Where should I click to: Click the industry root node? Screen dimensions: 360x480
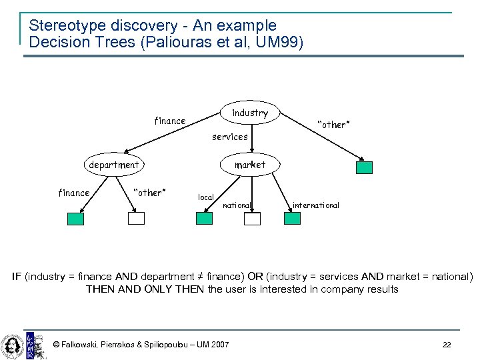[250, 113]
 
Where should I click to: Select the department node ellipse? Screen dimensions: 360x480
[114, 165]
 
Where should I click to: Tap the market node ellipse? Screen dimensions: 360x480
[250, 165]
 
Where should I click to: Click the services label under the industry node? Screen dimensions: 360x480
[230, 137]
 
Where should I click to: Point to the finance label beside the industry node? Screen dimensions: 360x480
[169, 121]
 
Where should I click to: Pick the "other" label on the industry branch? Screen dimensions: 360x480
[333, 125]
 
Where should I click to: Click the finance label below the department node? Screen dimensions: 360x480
[73, 193]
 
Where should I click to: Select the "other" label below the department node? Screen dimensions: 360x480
[149, 193]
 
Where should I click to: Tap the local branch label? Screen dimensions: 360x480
[206, 197]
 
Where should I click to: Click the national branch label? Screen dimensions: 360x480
[237, 205]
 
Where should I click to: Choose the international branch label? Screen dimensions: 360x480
[316, 205]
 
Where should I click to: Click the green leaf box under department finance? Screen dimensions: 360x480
[76, 219]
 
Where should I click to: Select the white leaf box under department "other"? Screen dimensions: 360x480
[136, 219]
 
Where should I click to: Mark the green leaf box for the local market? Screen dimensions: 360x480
[205, 219]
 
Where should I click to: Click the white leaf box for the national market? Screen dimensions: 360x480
[252, 219]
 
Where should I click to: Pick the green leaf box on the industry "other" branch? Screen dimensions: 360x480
[364, 167]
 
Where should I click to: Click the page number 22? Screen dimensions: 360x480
[447, 344]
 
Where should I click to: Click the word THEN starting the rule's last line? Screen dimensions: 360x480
[100, 289]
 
